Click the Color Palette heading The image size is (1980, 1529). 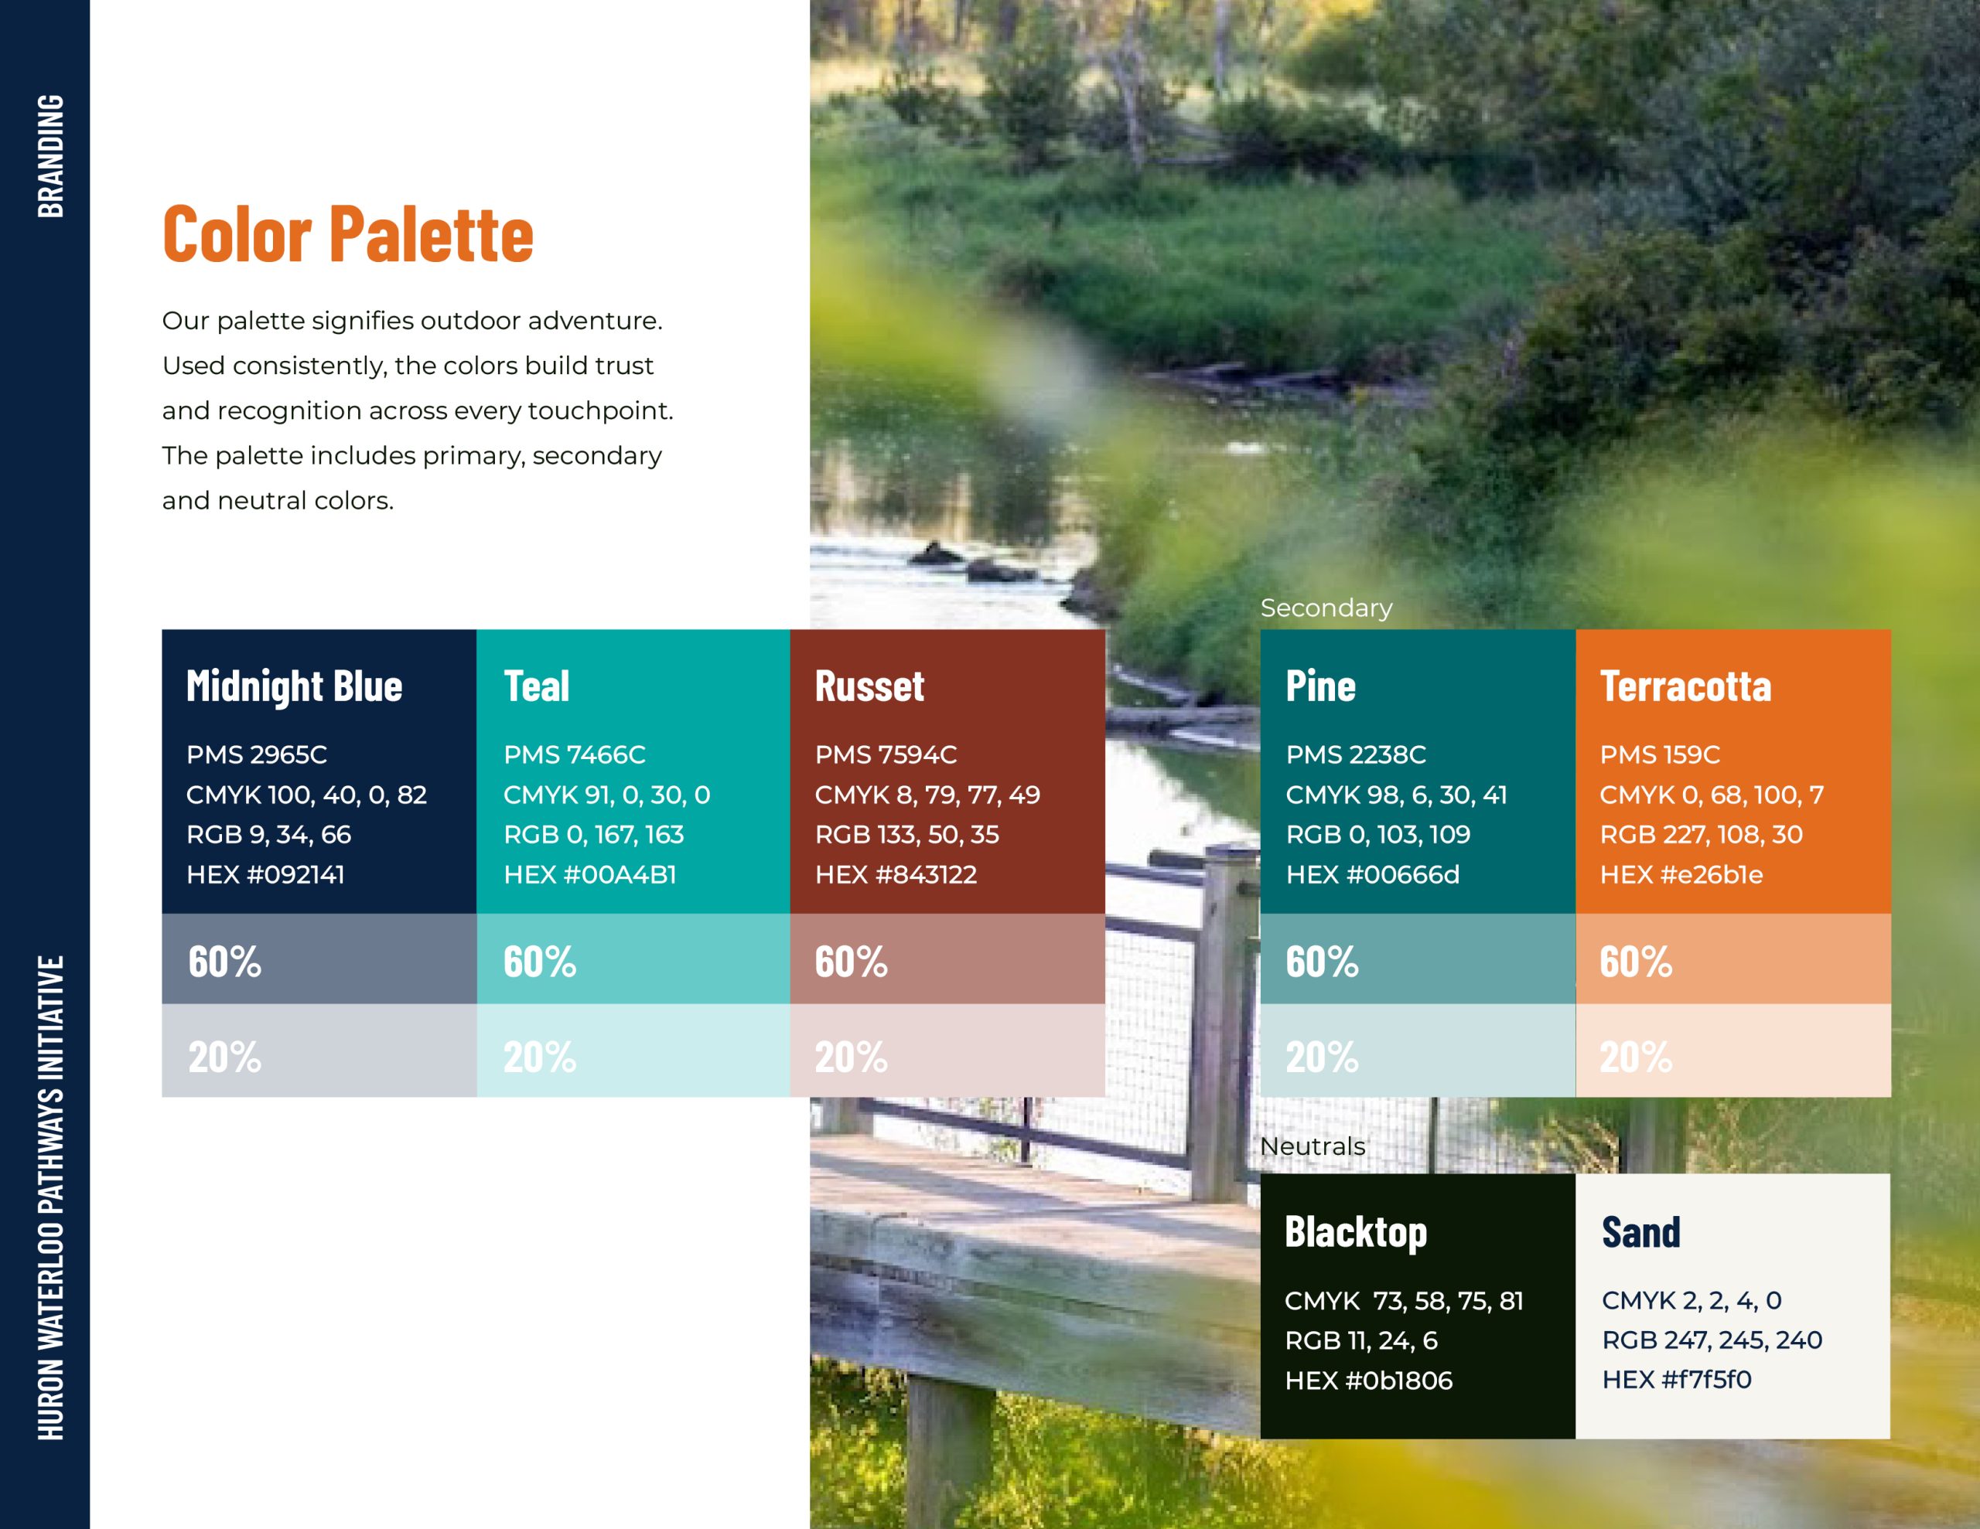348,234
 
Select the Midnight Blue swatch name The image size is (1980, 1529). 295,687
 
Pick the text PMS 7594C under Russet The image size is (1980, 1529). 886,754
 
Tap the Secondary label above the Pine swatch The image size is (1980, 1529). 1326,608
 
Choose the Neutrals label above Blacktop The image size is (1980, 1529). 1313,1146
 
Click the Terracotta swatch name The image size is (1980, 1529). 1685,686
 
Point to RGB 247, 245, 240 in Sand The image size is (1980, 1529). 1712,1340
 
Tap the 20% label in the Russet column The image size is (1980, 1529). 852,1057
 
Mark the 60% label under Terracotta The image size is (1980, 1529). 1636,961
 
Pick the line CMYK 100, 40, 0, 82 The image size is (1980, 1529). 306,795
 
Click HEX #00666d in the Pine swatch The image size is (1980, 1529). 1373,874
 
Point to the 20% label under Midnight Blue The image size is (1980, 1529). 225,1057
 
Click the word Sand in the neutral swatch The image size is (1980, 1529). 1641,1231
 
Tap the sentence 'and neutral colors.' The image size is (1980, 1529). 278,500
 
